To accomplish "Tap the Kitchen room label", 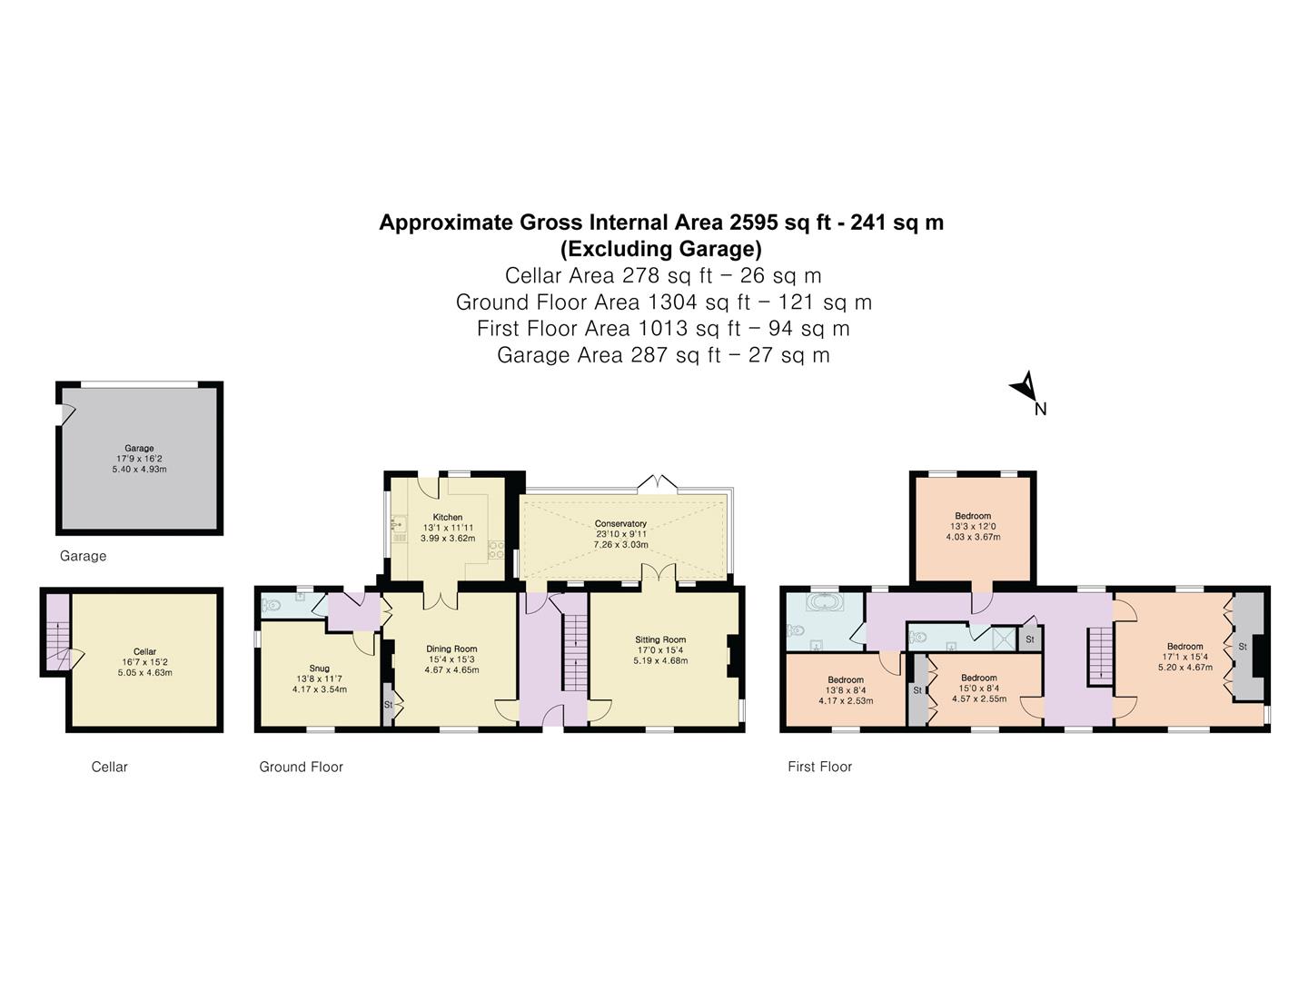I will [447, 517].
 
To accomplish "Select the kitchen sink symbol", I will [398, 523].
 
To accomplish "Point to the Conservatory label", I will [620, 523].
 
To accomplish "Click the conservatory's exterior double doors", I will [658, 481].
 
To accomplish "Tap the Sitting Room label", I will [660, 639].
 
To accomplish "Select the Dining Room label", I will [451, 649].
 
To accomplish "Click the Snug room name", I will [319, 668].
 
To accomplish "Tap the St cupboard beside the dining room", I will [388, 705].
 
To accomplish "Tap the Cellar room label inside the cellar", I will [144, 651].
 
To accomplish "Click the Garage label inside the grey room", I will [139, 448].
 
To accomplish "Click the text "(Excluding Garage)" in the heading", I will [660, 248].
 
